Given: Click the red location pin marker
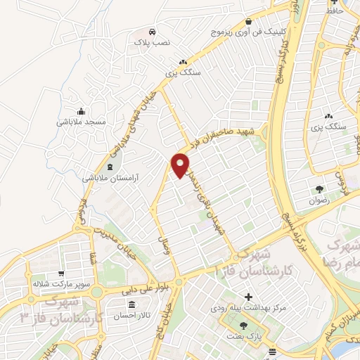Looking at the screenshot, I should (x=181, y=165).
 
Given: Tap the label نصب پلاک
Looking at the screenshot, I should (x=153, y=43).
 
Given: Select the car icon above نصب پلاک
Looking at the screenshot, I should (x=153, y=32).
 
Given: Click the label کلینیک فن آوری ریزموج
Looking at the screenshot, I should (x=243, y=32).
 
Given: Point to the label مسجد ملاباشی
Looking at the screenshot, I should (x=82, y=122).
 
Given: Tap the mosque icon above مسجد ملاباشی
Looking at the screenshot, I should (x=82, y=110).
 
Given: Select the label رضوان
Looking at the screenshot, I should (x=320, y=200).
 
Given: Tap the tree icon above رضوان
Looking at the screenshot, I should (x=320, y=188).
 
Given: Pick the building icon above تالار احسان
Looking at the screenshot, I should (x=133, y=305).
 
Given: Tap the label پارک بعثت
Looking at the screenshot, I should (x=243, y=337).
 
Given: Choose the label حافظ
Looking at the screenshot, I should (x=334, y=11).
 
